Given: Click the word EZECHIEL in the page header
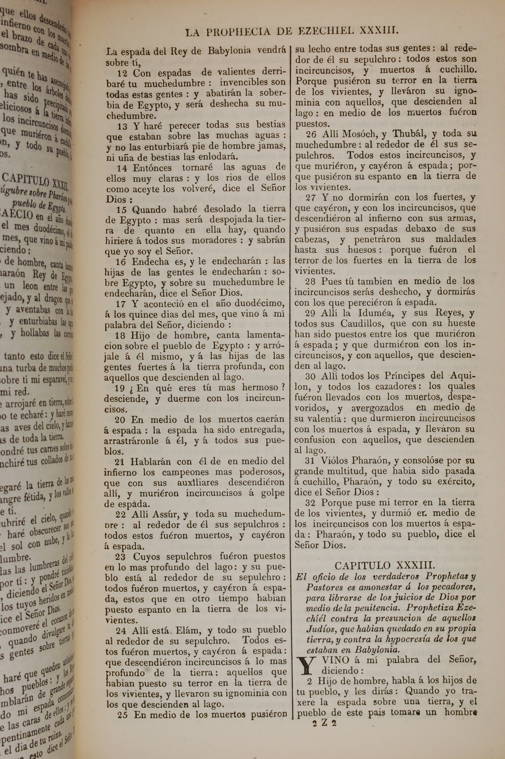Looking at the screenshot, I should [x=326, y=31].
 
